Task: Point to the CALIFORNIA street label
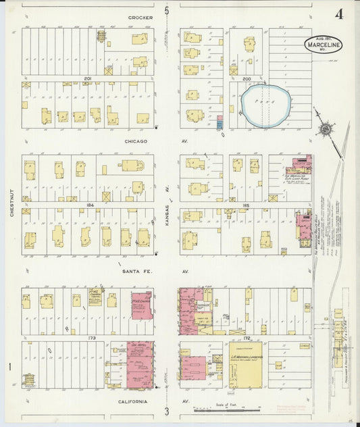pos(133,401)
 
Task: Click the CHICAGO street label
pos(136,141)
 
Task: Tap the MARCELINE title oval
pos(327,44)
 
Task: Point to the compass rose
pos(326,129)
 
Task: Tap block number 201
pos(87,78)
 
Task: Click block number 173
pos(87,336)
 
